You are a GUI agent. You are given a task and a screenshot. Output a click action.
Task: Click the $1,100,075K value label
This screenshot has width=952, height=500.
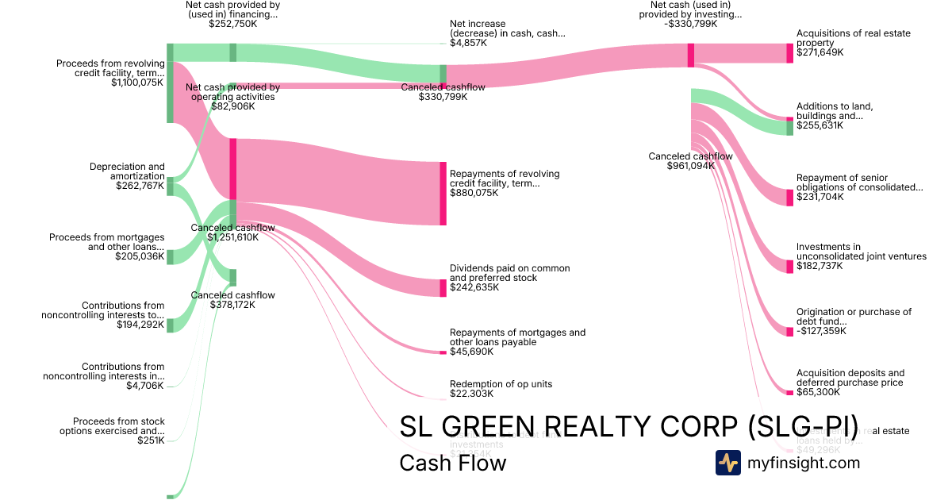click(x=137, y=83)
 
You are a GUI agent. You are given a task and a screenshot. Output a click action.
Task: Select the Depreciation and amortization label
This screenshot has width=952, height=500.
click(x=127, y=171)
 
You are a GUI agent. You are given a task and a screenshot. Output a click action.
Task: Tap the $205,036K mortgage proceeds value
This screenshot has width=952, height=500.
click(x=140, y=256)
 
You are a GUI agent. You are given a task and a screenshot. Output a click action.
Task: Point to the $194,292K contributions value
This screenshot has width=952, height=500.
click(x=140, y=325)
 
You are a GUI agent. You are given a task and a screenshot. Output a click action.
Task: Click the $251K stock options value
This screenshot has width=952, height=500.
click(x=151, y=440)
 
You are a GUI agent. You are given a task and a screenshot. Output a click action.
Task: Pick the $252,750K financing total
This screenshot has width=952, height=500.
click(x=233, y=24)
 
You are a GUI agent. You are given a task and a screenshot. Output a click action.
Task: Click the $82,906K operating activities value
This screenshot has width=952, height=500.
click(x=233, y=106)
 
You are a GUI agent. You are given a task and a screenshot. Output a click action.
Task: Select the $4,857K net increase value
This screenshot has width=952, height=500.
click(x=468, y=43)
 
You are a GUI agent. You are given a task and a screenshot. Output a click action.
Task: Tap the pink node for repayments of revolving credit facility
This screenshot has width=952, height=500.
click(x=443, y=194)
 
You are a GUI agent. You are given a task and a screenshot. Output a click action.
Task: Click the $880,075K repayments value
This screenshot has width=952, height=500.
click(x=474, y=193)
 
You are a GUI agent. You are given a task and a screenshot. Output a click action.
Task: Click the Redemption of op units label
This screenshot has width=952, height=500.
click(x=501, y=384)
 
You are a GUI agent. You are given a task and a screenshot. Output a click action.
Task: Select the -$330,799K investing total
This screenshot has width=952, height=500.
click(x=691, y=24)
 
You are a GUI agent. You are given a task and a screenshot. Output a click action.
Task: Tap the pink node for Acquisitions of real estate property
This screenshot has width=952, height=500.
click(x=789, y=53)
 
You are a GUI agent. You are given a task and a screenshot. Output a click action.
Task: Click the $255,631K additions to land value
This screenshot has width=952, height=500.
click(x=820, y=125)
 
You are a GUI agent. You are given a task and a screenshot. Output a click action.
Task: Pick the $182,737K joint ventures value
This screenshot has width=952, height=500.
click(x=820, y=266)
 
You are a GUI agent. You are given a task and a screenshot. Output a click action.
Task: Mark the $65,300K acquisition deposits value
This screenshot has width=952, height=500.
click(x=817, y=392)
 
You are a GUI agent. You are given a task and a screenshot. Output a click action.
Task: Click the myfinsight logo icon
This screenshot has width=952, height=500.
click(x=728, y=463)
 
